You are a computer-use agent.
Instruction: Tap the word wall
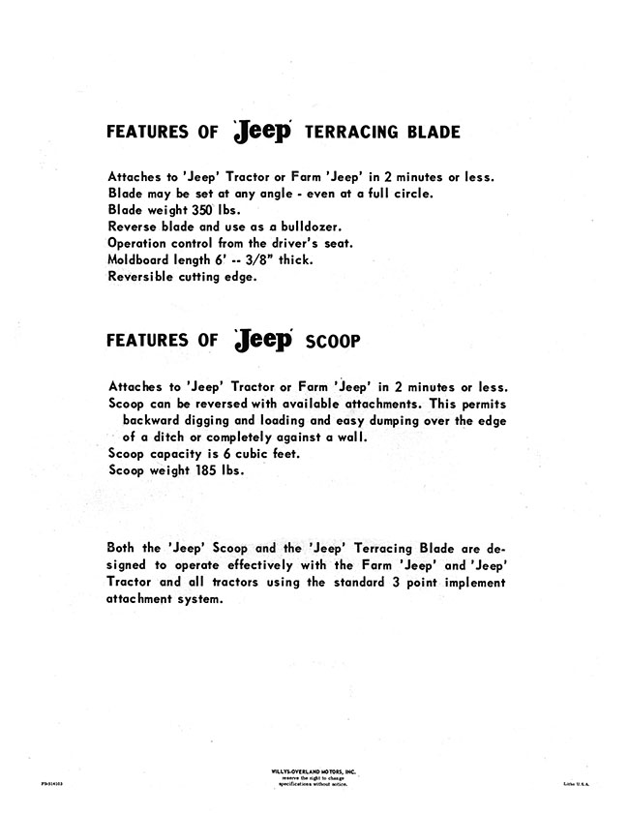coord(352,437)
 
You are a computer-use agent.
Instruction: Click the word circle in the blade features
coord(410,193)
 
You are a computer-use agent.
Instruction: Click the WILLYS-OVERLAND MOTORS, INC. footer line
coord(313,769)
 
